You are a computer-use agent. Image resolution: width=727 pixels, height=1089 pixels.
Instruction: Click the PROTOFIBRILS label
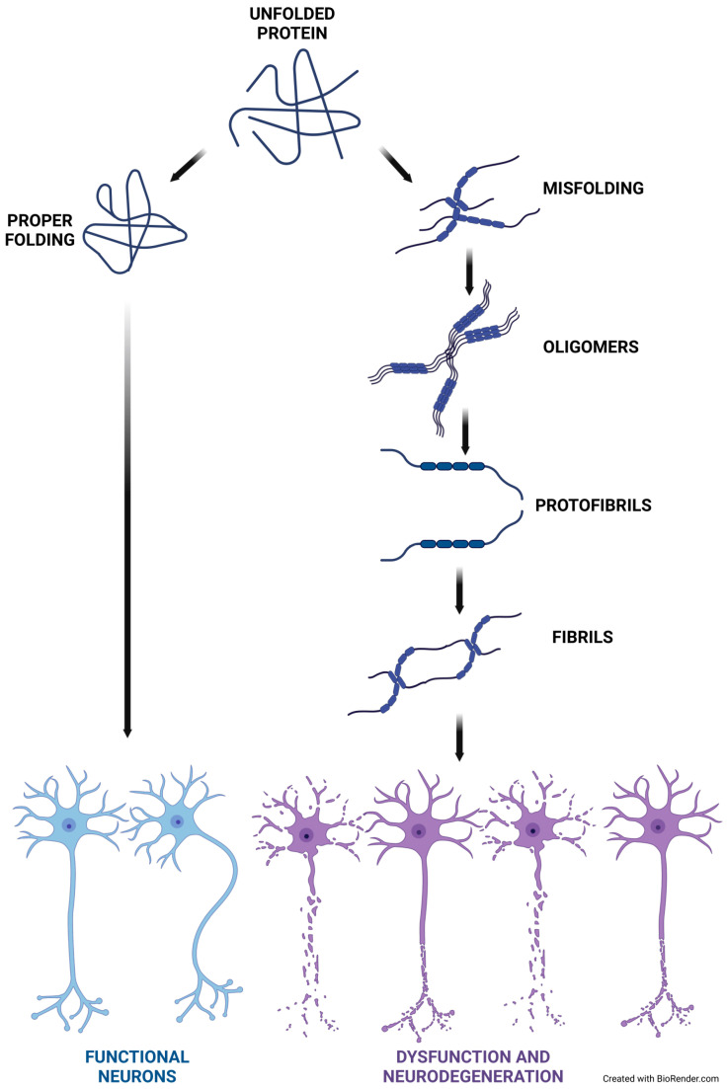(598, 505)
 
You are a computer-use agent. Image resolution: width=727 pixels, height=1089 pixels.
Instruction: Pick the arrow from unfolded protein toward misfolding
(394, 163)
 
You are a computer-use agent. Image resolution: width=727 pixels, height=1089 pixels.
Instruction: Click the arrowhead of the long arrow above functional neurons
(126, 732)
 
